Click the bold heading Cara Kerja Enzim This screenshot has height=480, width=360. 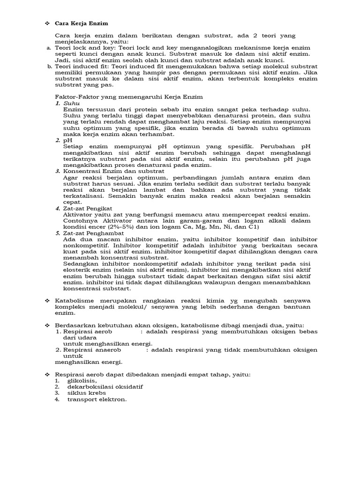pyautogui.click(x=82, y=23)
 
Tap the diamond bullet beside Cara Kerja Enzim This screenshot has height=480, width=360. pyautogui.click(x=46, y=23)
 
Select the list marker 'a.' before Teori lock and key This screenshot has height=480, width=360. pyautogui.click(x=49, y=48)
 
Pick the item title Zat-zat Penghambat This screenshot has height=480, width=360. pyautogui.click(x=93, y=232)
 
